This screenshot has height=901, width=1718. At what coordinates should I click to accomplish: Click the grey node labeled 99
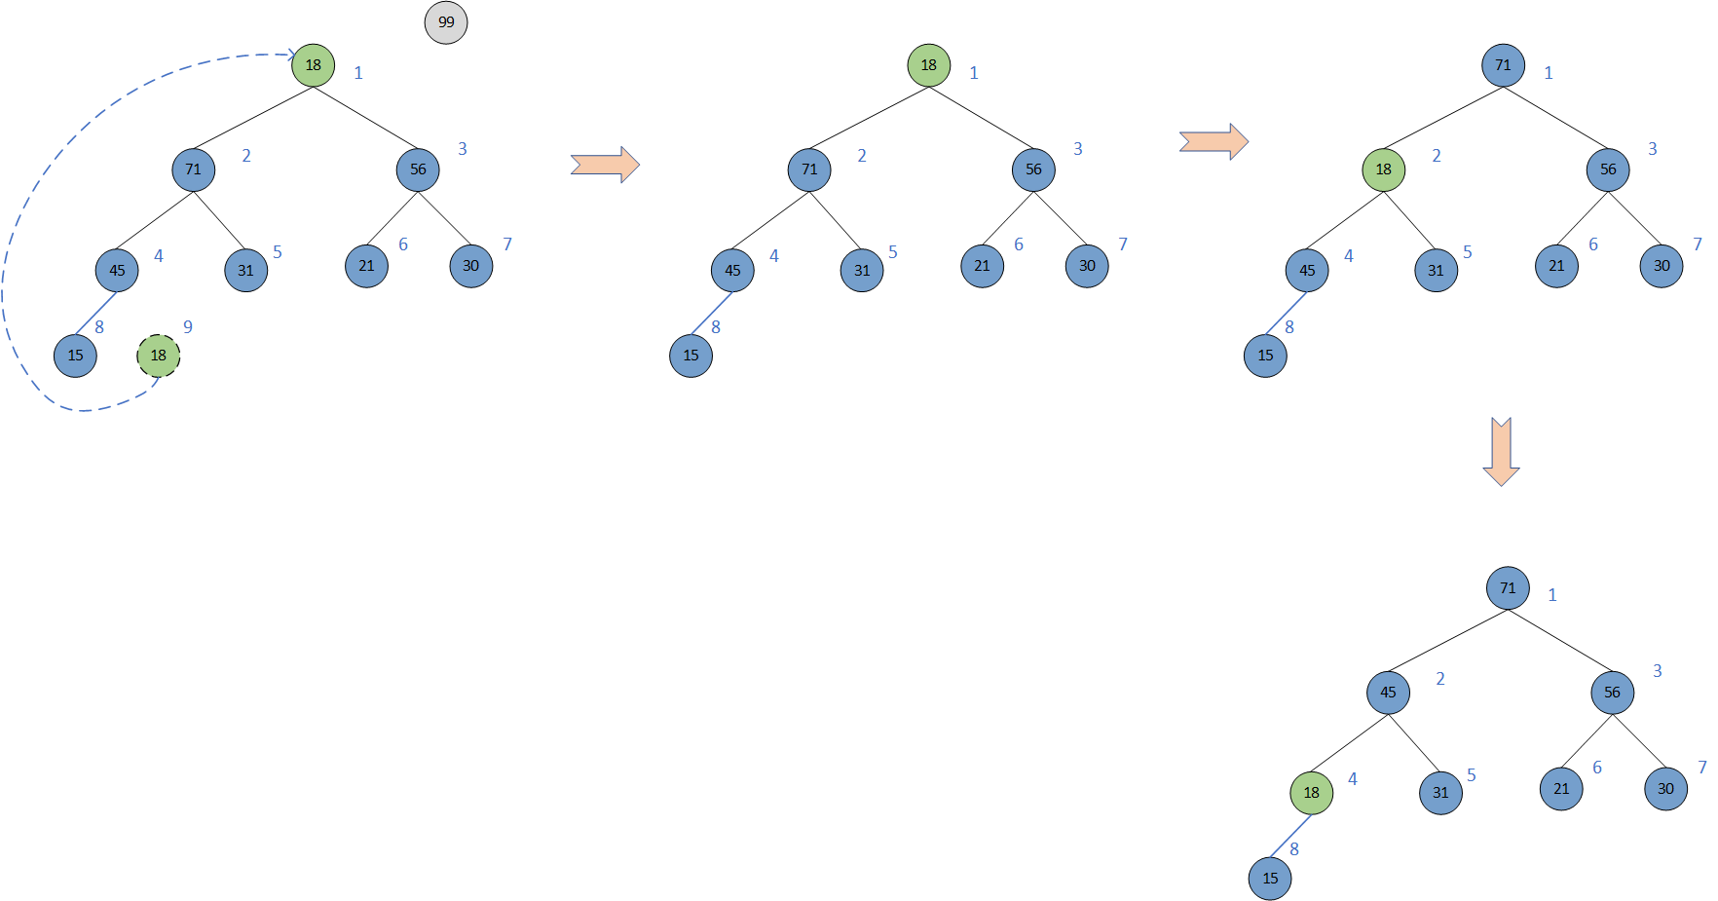pyautogui.click(x=446, y=22)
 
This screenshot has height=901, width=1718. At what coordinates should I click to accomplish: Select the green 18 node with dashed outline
pyautogui.click(x=159, y=356)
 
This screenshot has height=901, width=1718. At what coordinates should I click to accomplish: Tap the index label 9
pyautogui.click(x=188, y=327)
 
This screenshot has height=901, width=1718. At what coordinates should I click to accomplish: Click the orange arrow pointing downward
pyautogui.click(x=1501, y=451)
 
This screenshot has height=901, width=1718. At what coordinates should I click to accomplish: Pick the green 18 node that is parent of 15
pyautogui.click(x=1311, y=793)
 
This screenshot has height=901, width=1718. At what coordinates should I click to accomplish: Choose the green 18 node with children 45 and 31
pyautogui.click(x=1383, y=169)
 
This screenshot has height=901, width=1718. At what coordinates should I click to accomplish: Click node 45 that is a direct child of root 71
pyautogui.click(x=1388, y=693)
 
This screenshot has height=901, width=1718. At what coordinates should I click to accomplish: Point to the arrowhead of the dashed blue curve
pyautogui.click(x=290, y=55)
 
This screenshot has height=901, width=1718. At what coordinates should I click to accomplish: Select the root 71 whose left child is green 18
pyautogui.click(x=1503, y=65)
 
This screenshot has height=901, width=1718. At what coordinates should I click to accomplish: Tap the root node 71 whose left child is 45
pyautogui.click(x=1508, y=588)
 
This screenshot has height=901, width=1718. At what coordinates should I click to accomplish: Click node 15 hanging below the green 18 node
pyautogui.click(x=1270, y=879)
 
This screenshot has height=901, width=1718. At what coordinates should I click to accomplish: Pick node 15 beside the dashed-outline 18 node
pyautogui.click(x=76, y=356)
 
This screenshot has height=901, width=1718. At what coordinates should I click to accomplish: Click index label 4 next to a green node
pyautogui.click(x=1353, y=779)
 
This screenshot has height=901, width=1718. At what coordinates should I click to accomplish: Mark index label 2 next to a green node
pyautogui.click(x=1437, y=156)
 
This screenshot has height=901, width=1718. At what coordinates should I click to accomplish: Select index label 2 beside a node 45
pyautogui.click(x=1440, y=679)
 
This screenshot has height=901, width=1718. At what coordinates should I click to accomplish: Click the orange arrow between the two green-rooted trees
pyautogui.click(x=605, y=165)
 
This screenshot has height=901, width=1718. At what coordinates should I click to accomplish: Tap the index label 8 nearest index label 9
pyautogui.click(x=99, y=327)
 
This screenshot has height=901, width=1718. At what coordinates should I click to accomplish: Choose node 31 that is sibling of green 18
pyautogui.click(x=1440, y=793)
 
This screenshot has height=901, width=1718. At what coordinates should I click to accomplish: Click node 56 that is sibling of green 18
pyautogui.click(x=1607, y=169)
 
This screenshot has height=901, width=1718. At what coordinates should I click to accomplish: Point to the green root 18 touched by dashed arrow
pyautogui.click(x=314, y=65)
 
